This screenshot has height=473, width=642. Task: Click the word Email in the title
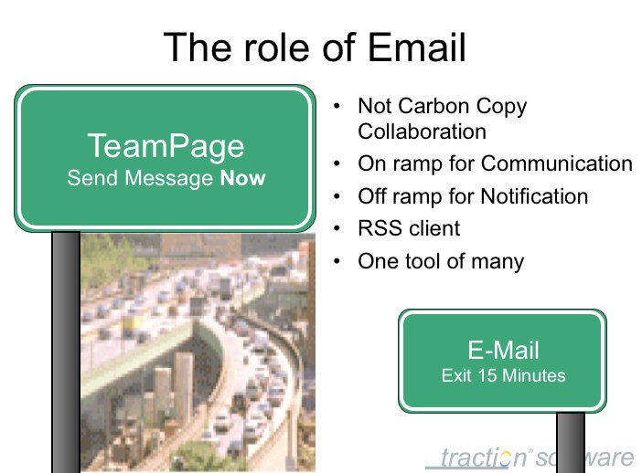click(417, 47)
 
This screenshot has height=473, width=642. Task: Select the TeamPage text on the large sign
click(166, 146)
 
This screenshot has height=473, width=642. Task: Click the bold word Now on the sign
click(242, 178)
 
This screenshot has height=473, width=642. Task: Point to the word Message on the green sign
click(168, 178)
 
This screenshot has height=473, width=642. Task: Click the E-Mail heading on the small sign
click(503, 350)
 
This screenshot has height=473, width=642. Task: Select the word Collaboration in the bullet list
click(423, 131)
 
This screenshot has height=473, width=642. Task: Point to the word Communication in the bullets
click(556, 163)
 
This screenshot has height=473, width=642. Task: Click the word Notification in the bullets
click(534, 196)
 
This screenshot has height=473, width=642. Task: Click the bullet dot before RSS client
click(337, 228)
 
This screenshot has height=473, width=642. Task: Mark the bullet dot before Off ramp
click(337, 196)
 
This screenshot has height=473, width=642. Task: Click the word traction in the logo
click(483, 457)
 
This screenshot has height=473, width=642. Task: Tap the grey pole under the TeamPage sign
click(66, 352)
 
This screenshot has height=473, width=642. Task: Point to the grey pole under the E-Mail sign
click(571, 442)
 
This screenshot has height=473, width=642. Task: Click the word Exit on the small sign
click(456, 375)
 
